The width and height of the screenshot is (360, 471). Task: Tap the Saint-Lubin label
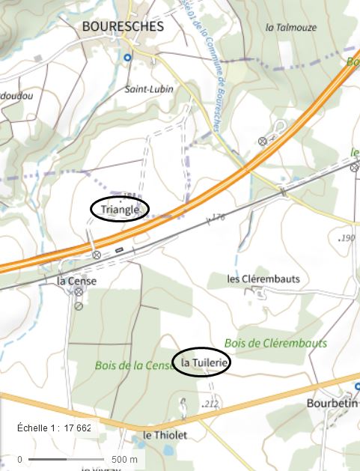tap(149, 89)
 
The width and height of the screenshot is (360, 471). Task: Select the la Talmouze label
tap(287, 27)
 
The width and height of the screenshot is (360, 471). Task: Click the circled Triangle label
tap(120, 210)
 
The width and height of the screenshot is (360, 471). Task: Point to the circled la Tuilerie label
tap(201, 362)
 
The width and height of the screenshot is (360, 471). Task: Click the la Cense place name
tap(77, 281)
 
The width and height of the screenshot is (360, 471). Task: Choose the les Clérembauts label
tap(263, 279)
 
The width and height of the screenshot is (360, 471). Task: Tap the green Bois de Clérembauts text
tap(275, 343)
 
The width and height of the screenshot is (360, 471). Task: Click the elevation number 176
tap(218, 217)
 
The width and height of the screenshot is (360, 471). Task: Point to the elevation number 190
tap(347, 238)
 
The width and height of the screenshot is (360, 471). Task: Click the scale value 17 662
tap(78, 428)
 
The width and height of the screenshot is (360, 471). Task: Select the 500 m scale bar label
tap(125, 459)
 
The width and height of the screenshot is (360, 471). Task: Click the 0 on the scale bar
tap(20, 459)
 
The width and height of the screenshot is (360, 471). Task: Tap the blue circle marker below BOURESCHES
tap(127, 57)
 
